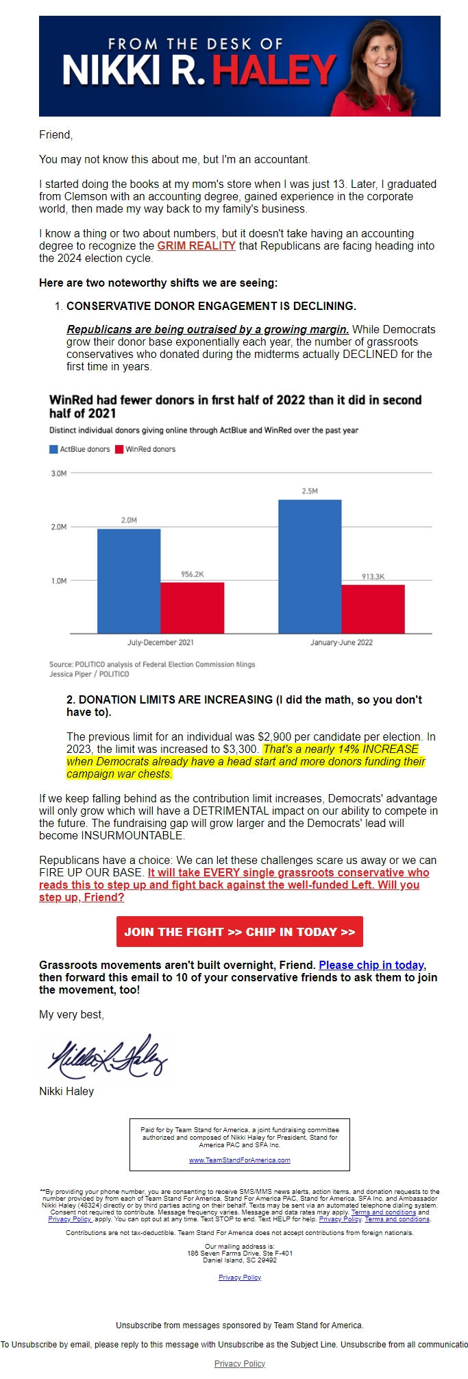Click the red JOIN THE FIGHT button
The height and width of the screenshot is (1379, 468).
[x=239, y=931]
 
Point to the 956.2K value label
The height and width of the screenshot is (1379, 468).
[x=192, y=574]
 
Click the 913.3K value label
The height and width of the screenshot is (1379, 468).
[x=373, y=577]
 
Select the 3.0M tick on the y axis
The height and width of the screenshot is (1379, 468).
[x=59, y=473]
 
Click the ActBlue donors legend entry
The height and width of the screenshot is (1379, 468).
[x=79, y=449]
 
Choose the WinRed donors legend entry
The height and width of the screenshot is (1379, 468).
[x=145, y=449]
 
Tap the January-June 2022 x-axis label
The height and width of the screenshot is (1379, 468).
[x=341, y=643]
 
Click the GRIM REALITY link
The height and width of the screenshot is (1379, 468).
[x=196, y=245]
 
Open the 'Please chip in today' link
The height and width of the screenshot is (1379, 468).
[x=371, y=965]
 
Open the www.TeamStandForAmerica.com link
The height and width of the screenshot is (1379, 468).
[x=239, y=1160]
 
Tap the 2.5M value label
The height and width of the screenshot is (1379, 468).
[x=310, y=491]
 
